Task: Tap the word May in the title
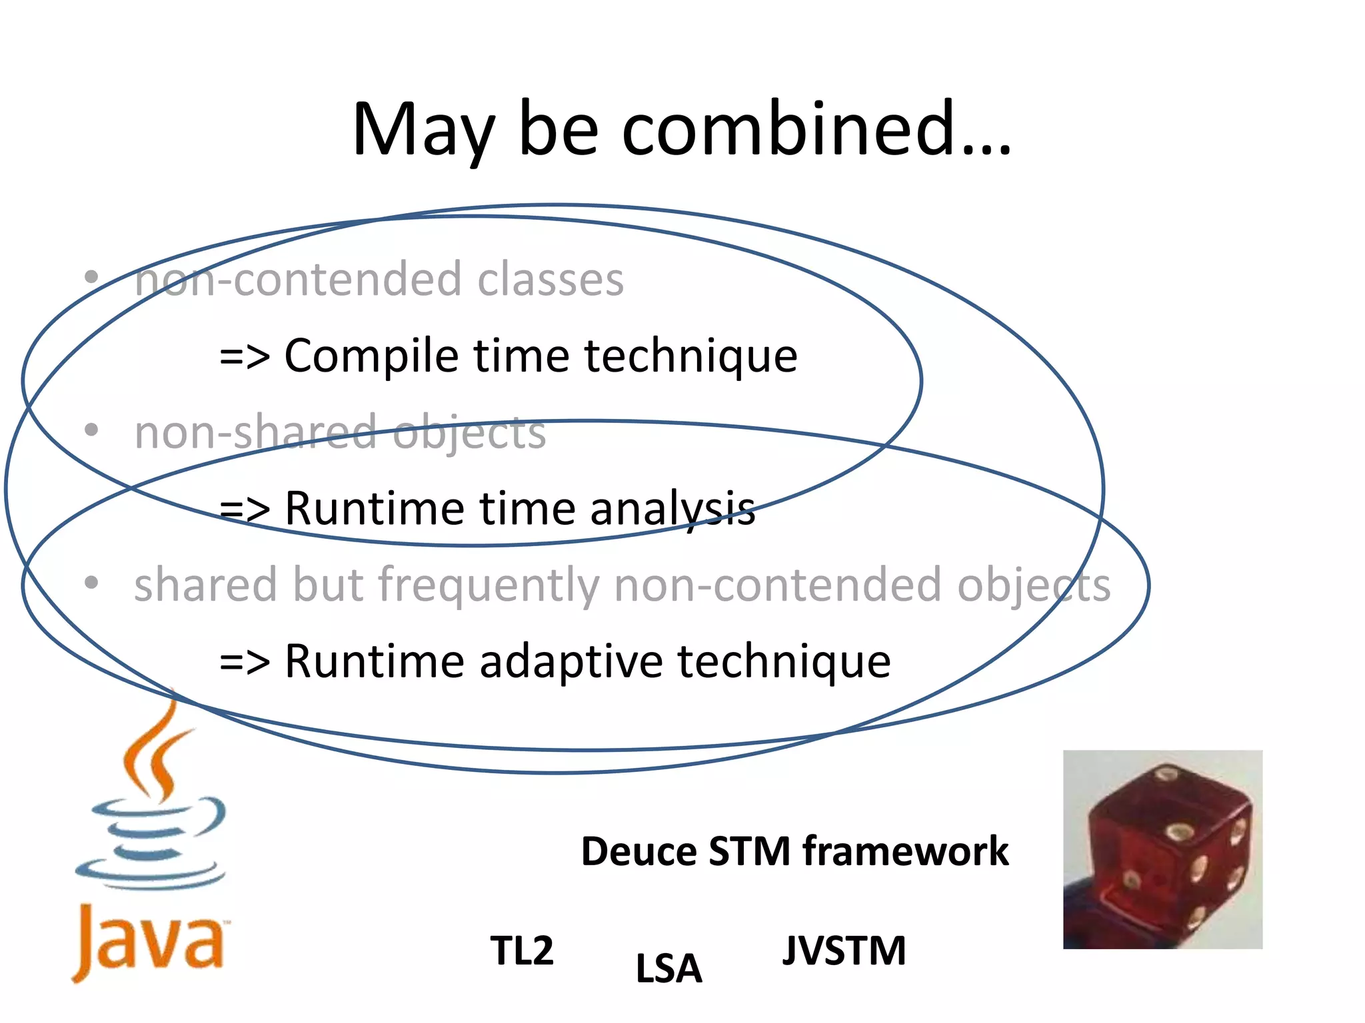coord(424,130)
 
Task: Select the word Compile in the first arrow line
coord(371,356)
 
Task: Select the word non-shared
coord(256,432)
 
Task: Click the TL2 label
coord(522,950)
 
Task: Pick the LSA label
coord(669,968)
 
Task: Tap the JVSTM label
coord(844,950)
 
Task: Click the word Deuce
coord(639,851)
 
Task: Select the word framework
coord(905,851)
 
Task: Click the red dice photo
coord(1162,849)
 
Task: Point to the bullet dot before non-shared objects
coord(91,430)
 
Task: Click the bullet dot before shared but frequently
coord(91,583)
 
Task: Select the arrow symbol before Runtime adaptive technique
coord(245,663)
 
